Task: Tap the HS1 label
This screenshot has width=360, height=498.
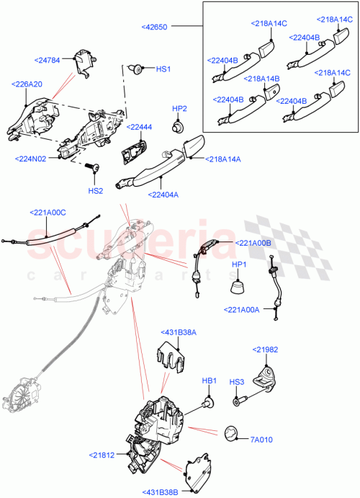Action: pyautogui.click(x=163, y=69)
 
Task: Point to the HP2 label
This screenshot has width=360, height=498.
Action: pyautogui.click(x=179, y=109)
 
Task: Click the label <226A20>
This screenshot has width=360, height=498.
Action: pyautogui.click(x=27, y=84)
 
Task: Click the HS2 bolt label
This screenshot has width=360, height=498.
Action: pyautogui.click(x=96, y=191)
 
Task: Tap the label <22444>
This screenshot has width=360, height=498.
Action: pyautogui.click(x=139, y=127)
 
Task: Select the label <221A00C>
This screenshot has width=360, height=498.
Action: pyautogui.click(x=48, y=213)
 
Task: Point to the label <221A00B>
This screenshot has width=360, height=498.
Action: pyautogui.click(x=253, y=244)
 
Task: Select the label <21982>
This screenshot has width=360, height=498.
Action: pyautogui.click(x=264, y=349)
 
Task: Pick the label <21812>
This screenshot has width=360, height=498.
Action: pyautogui.click(x=104, y=455)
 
